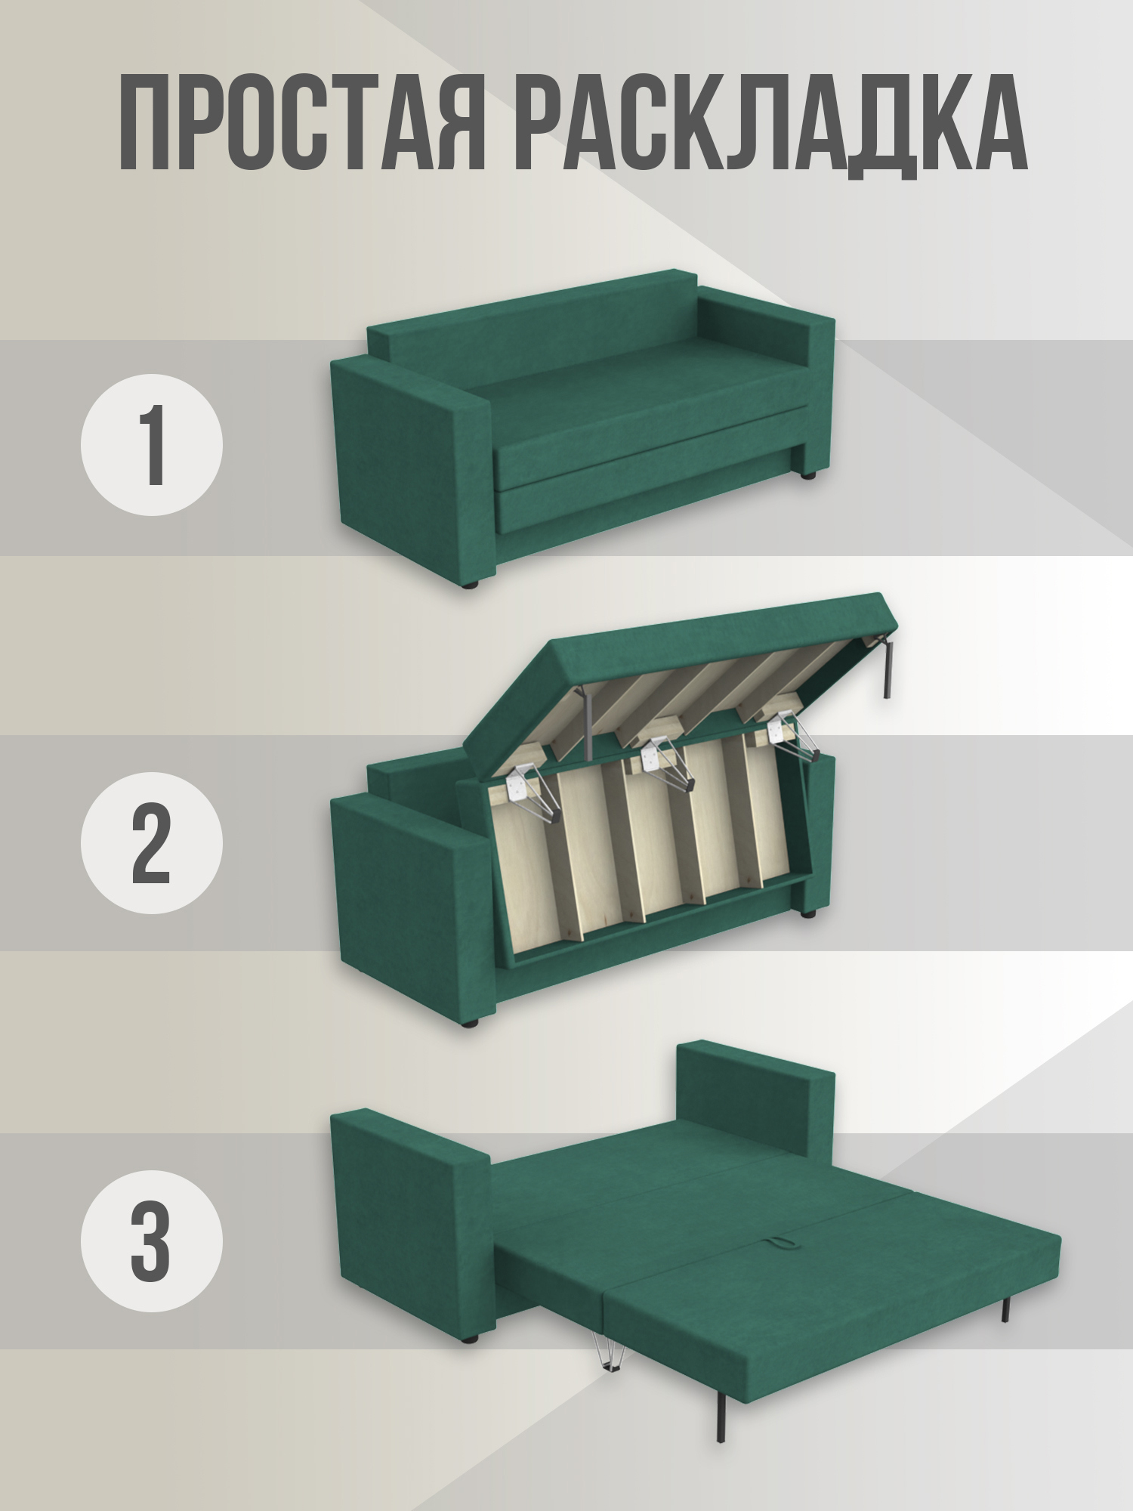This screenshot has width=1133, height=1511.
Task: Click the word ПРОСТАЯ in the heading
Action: point(301,122)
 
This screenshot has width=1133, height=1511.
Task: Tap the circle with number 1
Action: point(152,444)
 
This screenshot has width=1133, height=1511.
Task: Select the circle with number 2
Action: point(152,842)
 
